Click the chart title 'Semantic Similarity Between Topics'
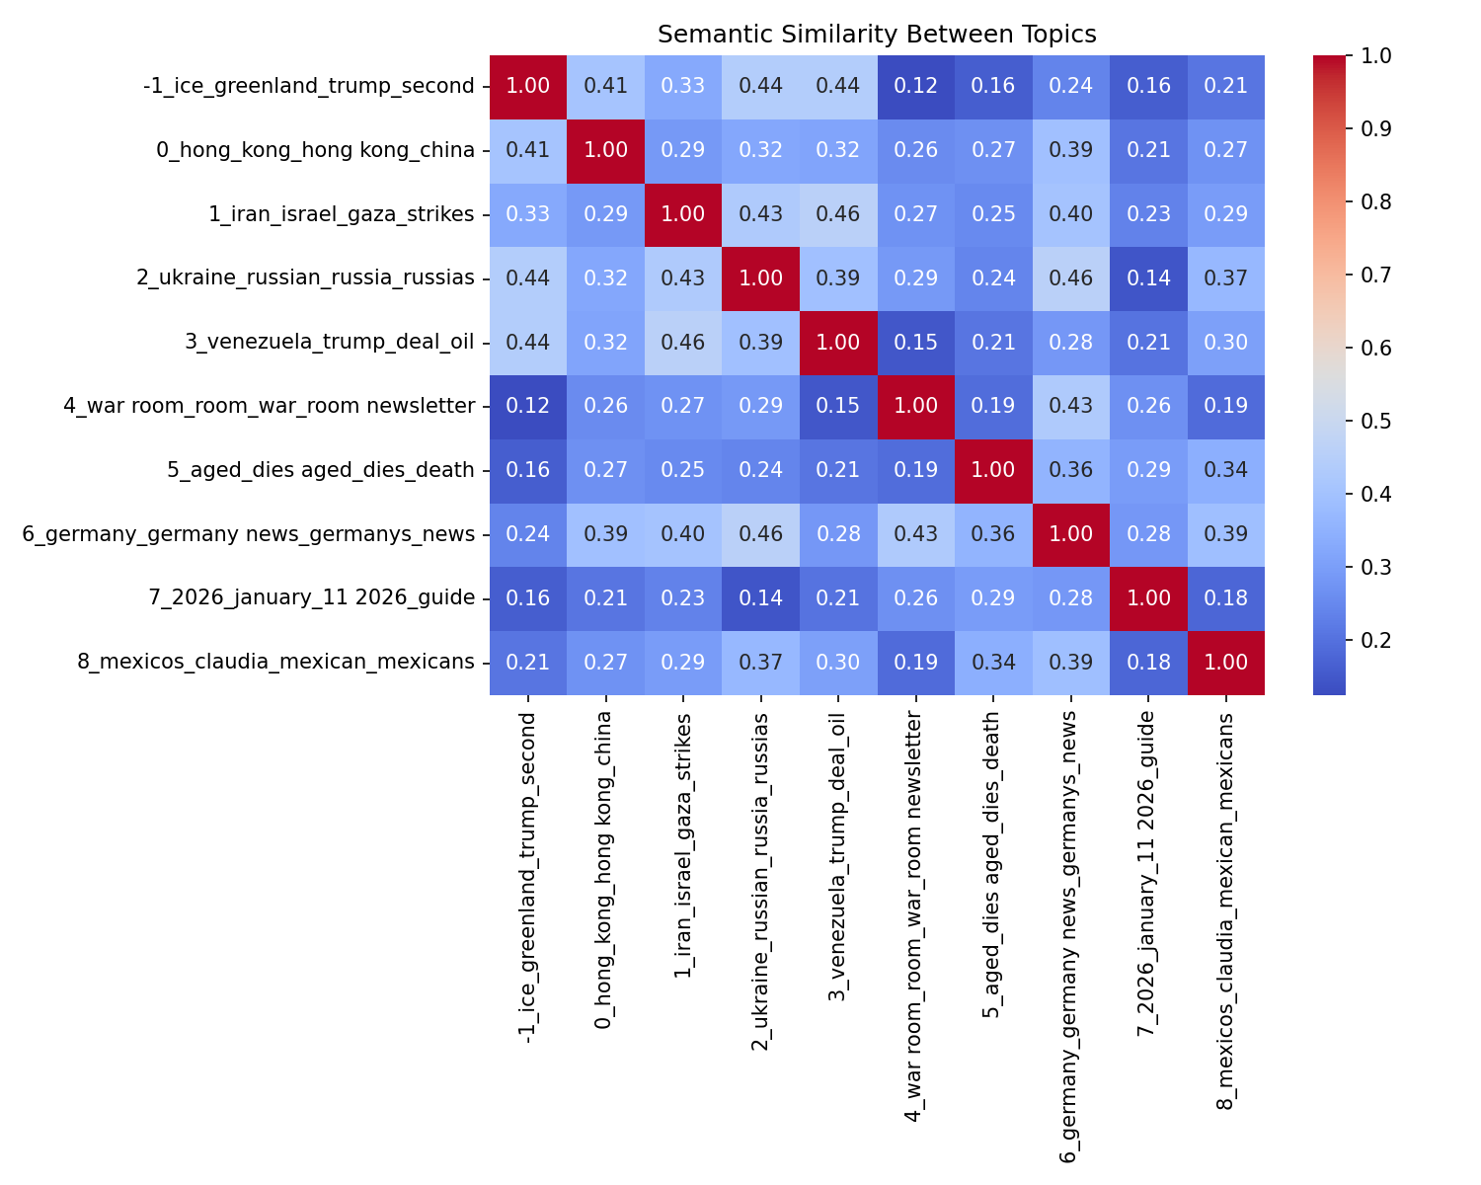click(x=877, y=35)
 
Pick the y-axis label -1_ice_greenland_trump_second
click(x=309, y=86)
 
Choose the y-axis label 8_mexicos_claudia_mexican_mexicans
click(x=275, y=662)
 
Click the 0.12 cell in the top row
click(x=916, y=86)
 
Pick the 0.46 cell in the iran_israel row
click(x=838, y=214)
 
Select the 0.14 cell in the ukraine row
click(x=1148, y=278)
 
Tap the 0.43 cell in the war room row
click(x=1070, y=406)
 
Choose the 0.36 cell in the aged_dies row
click(x=1070, y=470)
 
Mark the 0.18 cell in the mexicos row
click(x=1148, y=662)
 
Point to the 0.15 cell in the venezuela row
click(x=916, y=342)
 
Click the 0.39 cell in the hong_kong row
click(x=1070, y=150)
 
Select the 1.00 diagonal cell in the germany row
click(x=1070, y=534)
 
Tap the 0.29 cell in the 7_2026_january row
click(x=993, y=598)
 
